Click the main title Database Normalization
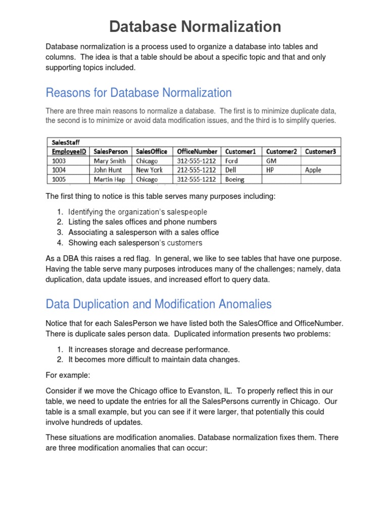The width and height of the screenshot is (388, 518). tap(195, 26)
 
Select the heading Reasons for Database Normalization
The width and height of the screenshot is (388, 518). tap(138, 93)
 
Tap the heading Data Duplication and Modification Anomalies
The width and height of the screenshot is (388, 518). tap(159, 304)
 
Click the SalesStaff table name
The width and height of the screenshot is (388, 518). tap(64, 143)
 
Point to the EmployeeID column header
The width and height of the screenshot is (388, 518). tap(69, 151)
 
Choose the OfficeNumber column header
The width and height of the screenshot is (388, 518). tap(197, 151)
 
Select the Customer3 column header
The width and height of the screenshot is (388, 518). tap(321, 151)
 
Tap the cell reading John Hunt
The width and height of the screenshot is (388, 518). tap(108, 170)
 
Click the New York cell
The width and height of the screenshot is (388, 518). tap(149, 170)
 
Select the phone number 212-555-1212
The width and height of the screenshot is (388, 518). tap(196, 170)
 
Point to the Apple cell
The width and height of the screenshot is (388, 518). tap(313, 170)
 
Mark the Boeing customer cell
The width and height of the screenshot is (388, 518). tap(235, 179)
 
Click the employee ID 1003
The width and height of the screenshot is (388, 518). tap(59, 161)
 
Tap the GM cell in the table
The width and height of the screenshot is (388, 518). tap(271, 161)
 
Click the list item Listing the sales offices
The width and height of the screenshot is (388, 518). tap(142, 222)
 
